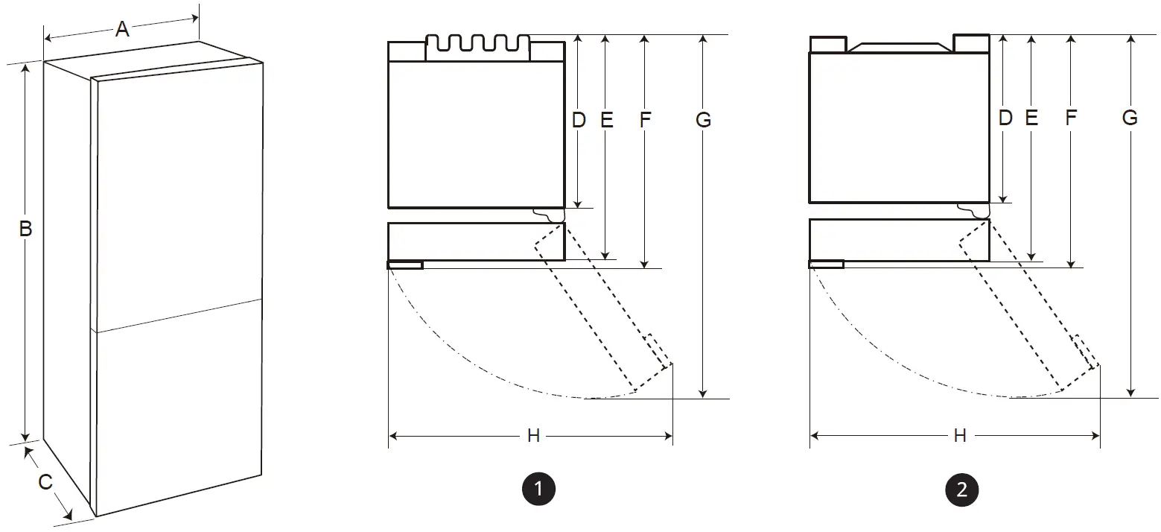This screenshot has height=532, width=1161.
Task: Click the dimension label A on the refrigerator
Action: [122, 29]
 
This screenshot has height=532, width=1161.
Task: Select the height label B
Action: [25, 229]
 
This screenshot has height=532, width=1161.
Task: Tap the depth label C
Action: [45, 482]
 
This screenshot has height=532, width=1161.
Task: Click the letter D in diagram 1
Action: [579, 119]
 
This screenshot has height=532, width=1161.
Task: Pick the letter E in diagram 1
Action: [606, 119]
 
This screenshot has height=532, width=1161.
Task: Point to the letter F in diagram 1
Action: [645, 119]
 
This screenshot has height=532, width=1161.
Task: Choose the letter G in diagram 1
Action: [703, 119]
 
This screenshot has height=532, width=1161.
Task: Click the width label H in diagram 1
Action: [533, 436]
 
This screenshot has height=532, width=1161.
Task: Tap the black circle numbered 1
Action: [538, 489]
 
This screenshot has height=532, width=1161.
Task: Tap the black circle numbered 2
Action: [961, 489]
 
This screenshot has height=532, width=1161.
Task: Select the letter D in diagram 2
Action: [1005, 117]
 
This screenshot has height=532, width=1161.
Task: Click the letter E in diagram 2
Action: [1031, 117]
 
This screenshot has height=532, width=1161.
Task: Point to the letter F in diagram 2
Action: [1071, 117]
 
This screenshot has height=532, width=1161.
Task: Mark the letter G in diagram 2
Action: [1130, 117]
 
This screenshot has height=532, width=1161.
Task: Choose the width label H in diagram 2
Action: [960, 436]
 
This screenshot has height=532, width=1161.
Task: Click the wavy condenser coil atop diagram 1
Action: [477, 44]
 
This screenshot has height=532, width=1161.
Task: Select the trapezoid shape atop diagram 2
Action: [900, 48]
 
